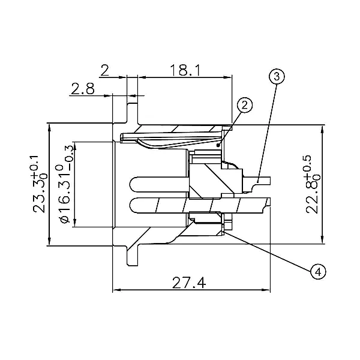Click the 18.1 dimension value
tap(185, 70)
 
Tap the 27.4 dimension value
tap(189, 283)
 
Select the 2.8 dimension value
tap(83, 89)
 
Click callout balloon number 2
tap(245, 106)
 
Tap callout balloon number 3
tap(277, 77)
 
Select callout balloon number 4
tap(318, 272)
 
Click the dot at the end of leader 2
tap(218, 145)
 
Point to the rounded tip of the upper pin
tap(131, 184)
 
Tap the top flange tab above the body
tap(132, 113)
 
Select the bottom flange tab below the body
tap(133, 256)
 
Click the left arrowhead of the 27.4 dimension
tap(116, 290)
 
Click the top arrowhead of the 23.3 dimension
tap(49, 128)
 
